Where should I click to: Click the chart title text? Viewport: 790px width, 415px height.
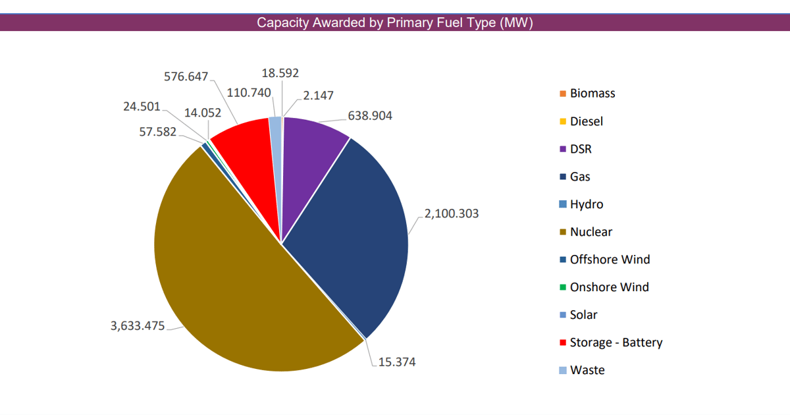click(394, 23)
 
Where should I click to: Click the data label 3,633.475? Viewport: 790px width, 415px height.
click(138, 325)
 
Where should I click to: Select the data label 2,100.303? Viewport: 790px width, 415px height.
click(452, 213)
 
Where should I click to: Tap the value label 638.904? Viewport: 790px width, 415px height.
click(369, 116)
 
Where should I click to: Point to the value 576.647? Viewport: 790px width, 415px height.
click(186, 76)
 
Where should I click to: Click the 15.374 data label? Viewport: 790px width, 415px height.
click(396, 362)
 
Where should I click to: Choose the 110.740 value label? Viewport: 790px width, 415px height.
click(249, 92)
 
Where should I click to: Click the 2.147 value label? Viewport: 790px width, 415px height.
click(319, 96)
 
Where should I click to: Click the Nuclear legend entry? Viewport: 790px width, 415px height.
click(591, 232)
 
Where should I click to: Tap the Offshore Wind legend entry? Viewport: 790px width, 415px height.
click(610, 260)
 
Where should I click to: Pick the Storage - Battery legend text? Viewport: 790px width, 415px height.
click(616, 343)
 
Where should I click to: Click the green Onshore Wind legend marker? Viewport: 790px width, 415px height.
click(563, 287)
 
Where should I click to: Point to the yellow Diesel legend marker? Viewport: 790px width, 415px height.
click(563, 121)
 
